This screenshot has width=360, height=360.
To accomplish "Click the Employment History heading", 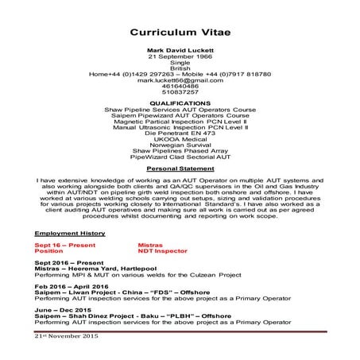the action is pos(70,233).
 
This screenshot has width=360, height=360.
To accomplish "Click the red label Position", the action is pos(48,251).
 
